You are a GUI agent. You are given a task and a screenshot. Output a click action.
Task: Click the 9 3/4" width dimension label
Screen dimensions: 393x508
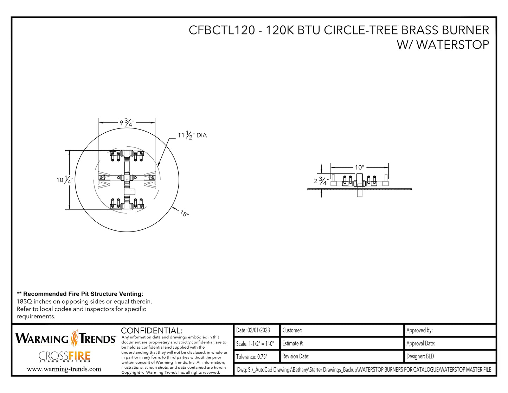(127, 123)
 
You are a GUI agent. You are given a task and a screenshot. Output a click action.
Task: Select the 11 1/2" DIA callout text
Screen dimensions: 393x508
(192, 135)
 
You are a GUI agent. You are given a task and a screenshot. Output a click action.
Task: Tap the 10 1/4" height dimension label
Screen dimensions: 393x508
(65, 180)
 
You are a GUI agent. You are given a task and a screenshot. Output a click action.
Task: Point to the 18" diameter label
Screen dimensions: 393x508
(185, 213)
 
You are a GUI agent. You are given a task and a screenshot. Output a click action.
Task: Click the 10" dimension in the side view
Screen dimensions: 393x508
(359, 167)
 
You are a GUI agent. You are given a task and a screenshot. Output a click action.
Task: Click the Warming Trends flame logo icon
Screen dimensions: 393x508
(75, 338)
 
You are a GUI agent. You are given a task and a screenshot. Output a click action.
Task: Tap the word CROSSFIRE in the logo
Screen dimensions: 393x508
(65, 356)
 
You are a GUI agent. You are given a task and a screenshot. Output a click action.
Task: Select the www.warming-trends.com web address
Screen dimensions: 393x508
(64, 369)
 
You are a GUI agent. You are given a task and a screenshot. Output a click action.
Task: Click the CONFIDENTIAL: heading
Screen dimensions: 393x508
(152, 331)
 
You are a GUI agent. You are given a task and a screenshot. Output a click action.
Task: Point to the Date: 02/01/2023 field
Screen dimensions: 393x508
(253, 330)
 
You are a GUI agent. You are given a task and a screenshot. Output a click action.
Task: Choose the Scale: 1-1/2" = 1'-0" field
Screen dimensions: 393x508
(255, 344)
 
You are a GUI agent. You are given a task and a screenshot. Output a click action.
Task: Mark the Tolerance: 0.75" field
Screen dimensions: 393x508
(252, 357)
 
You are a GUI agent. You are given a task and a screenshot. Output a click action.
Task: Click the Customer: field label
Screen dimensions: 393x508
(292, 330)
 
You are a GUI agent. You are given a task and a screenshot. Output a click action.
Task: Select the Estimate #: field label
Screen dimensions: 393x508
(293, 343)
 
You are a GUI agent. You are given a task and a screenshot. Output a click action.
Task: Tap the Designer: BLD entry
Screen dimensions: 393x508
(420, 356)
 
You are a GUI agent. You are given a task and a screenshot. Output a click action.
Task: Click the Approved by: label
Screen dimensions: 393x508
(419, 330)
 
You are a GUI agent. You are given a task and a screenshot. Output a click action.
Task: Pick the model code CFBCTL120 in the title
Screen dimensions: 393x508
(221, 30)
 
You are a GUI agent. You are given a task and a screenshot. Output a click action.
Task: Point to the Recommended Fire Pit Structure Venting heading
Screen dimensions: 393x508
(80, 294)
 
